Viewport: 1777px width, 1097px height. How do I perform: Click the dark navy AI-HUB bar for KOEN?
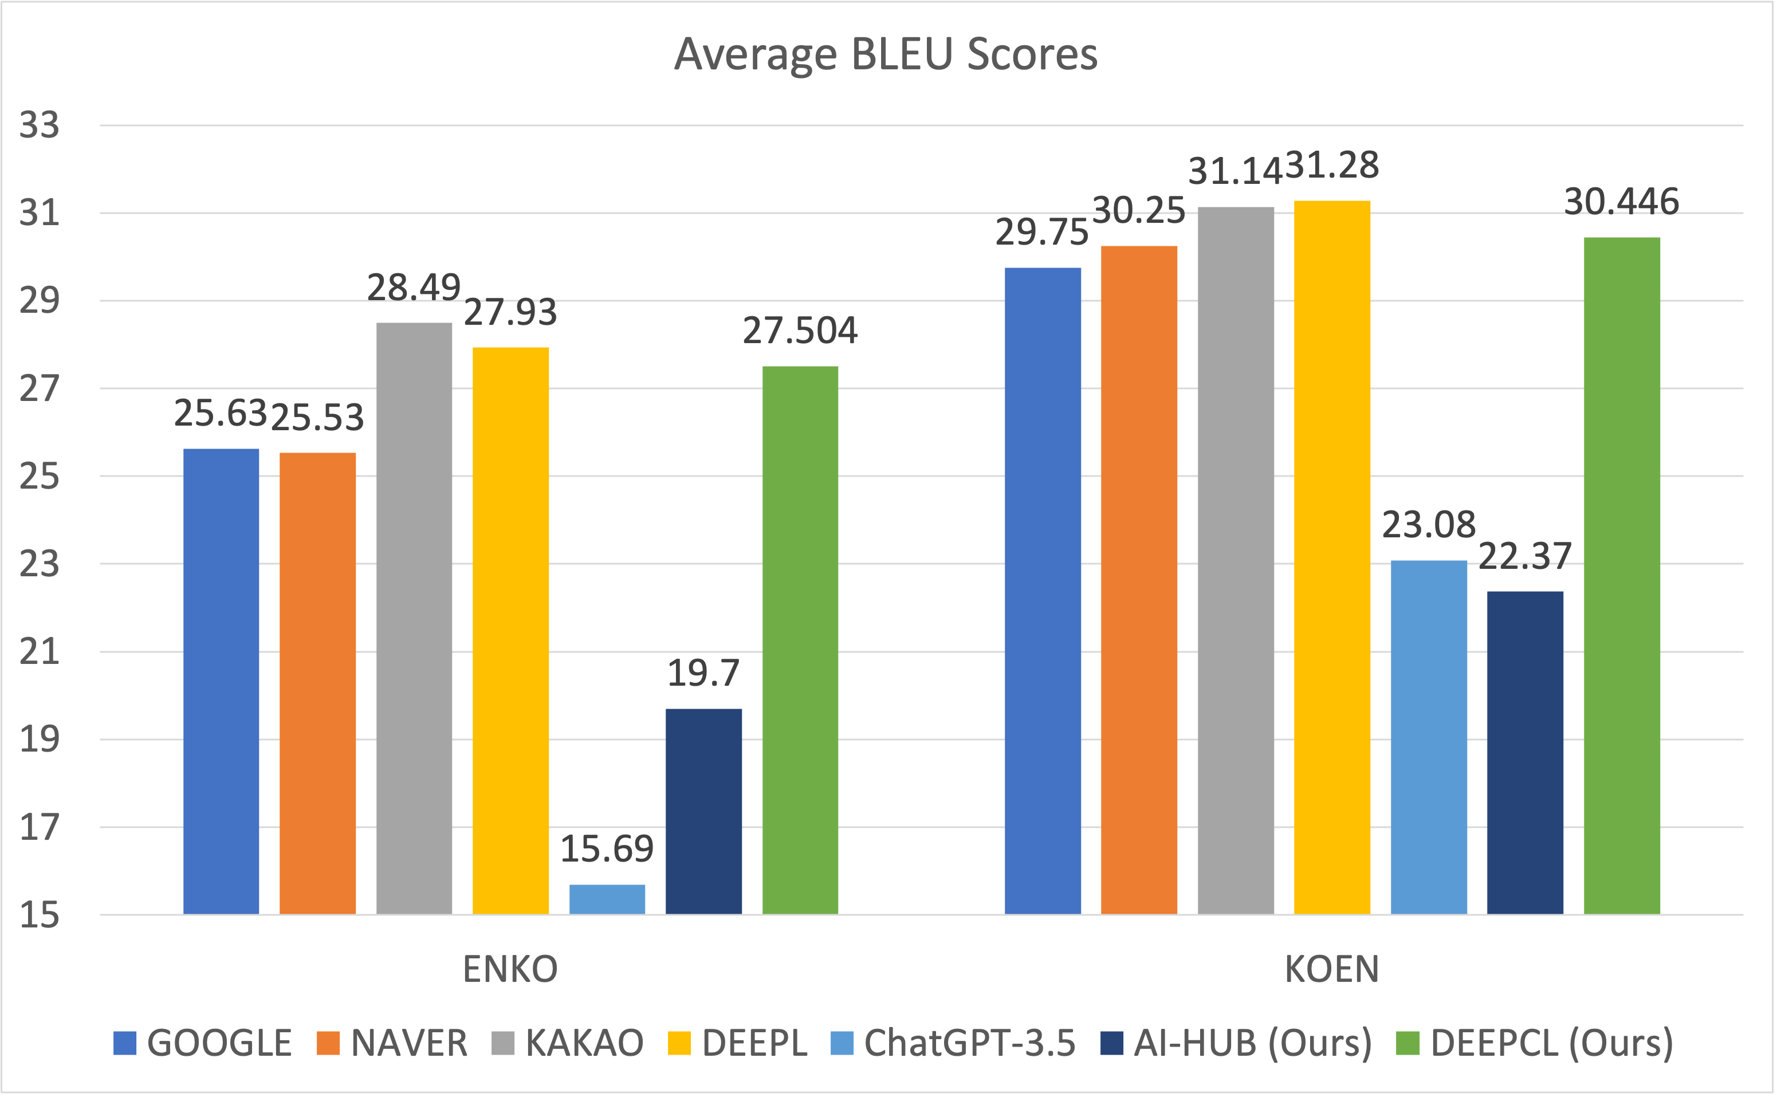tap(1526, 752)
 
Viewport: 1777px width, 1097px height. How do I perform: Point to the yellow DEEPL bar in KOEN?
tap(1332, 557)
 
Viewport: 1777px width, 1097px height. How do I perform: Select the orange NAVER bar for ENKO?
tap(318, 683)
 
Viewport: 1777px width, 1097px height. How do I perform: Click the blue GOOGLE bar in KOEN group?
tap(1043, 591)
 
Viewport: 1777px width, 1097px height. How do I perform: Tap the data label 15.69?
tap(607, 849)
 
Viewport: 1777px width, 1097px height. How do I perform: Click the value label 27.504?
tap(800, 331)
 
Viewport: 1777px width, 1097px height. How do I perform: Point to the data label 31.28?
tap(1332, 166)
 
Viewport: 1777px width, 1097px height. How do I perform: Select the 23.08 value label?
tap(1429, 525)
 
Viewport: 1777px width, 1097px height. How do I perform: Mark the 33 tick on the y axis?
tap(39, 125)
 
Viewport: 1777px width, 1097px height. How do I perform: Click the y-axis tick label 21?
tap(39, 651)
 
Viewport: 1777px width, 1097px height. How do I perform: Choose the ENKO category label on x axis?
tap(510, 969)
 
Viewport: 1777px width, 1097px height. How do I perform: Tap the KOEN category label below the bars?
tap(1332, 969)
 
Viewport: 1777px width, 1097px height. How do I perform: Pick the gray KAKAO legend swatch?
tap(502, 1043)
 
